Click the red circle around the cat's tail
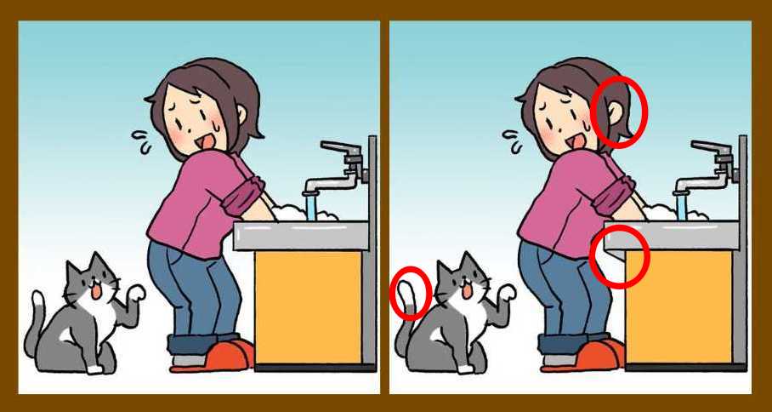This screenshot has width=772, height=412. pyautogui.click(x=412, y=293)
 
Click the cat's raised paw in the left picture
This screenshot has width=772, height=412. pyautogui.click(x=133, y=294)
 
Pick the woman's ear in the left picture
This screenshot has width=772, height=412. pyautogui.click(x=241, y=112)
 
